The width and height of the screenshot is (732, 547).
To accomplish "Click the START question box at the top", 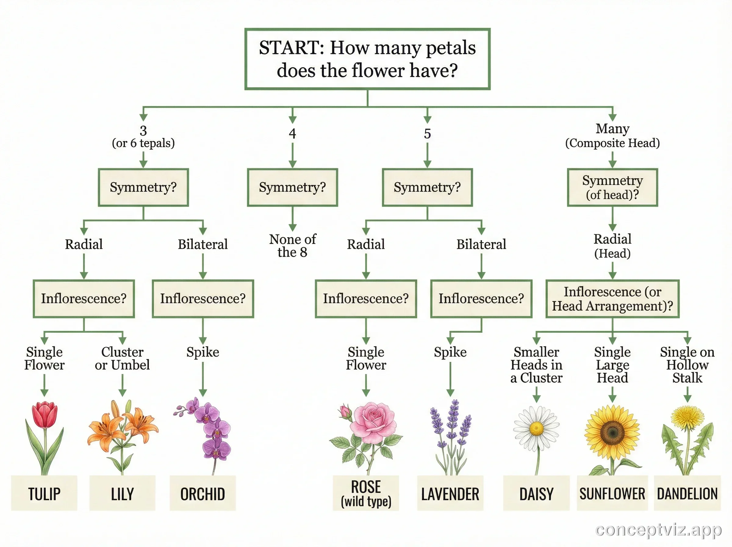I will tap(367, 59).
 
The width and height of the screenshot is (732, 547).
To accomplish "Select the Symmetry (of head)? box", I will tap(612, 187).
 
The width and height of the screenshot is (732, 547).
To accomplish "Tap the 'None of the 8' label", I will tap(292, 245).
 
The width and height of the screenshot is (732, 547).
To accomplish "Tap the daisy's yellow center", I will tap(536, 429).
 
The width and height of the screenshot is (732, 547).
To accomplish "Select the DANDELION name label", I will tap(687, 494).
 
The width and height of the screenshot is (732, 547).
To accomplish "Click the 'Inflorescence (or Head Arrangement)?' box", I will tap(612, 299).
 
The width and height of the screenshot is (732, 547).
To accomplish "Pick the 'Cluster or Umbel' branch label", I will tap(122, 358).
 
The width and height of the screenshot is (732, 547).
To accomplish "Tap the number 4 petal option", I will tap(292, 133).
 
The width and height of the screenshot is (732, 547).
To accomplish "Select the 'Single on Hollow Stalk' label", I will tap(687, 364).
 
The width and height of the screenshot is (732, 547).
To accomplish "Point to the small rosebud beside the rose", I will tap(346, 411).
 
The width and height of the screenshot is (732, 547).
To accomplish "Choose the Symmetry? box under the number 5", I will tap(427, 187).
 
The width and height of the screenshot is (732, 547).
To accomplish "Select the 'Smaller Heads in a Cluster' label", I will tap(536, 364).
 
